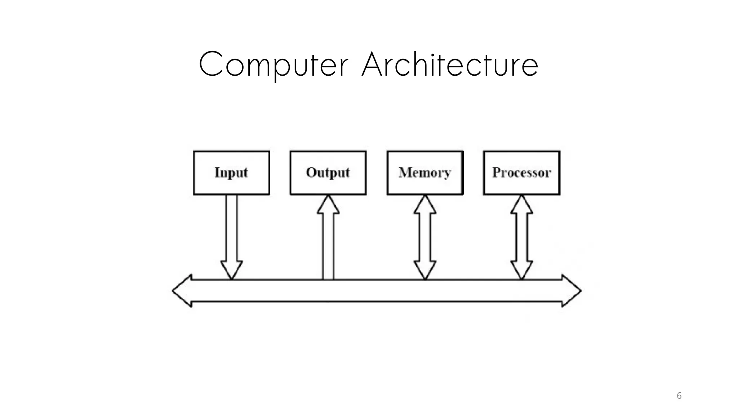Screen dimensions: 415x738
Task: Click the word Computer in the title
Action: point(274,65)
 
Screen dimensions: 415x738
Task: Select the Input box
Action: point(231,173)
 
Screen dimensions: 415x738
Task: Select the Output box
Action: point(328,173)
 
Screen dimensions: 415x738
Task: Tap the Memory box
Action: point(425,173)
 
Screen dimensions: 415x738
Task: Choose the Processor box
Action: point(521,173)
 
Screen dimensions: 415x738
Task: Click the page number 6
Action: point(679,396)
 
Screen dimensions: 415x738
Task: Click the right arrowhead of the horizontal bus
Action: point(571,291)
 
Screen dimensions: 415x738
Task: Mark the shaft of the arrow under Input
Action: point(231,227)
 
